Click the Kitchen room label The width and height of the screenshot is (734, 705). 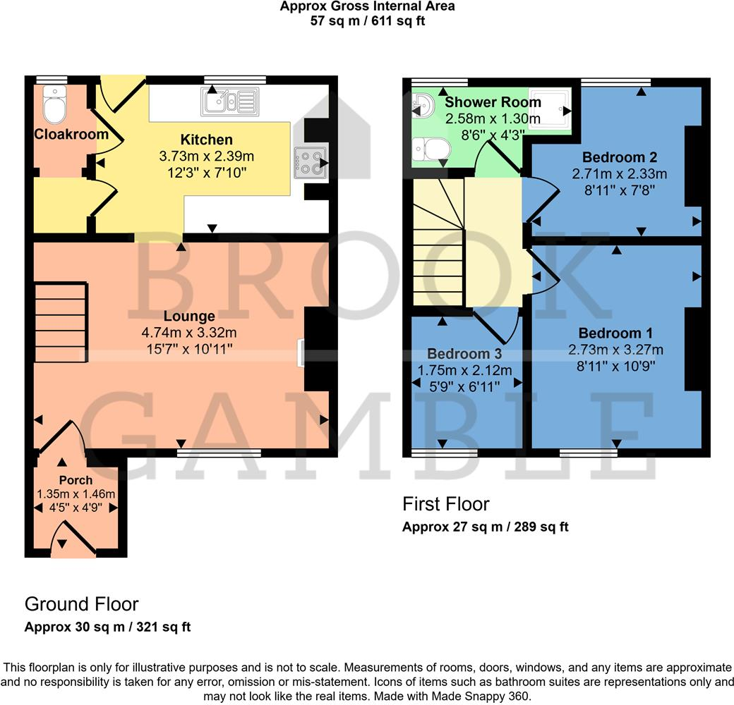click(x=206, y=140)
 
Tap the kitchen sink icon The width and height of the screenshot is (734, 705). click(x=230, y=102)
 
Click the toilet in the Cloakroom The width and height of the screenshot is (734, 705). click(x=53, y=106)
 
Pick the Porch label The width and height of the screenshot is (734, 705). click(x=76, y=480)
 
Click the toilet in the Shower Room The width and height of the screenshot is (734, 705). click(x=431, y=149)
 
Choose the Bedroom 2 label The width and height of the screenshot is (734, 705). click(x=614, y=157)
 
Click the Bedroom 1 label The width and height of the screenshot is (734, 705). click(x=615, y=333)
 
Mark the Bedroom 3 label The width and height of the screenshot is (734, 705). click(x=458, y=354)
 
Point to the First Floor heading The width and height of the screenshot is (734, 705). click(x=445, y=504)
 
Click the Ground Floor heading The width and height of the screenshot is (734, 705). click(x=81, y=604)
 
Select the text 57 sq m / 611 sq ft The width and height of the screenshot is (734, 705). click(x=367, y=20)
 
